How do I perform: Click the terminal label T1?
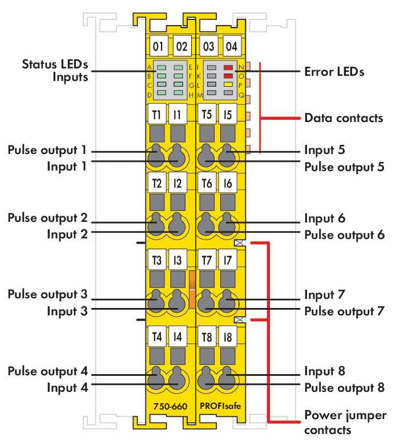point(156,114)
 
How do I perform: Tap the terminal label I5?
point(228,114)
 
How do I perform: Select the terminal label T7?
point(207,260)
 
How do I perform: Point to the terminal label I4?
point(177,336)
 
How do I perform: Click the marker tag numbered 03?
point(208,46)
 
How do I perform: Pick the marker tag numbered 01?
point(158,46)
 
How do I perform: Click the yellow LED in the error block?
point(228,84)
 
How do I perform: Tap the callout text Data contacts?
point(344,118)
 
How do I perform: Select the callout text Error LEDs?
point(334,72)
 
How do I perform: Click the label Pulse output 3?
point(48,294)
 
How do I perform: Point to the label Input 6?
point(325,218)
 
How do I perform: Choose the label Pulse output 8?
point(344,388)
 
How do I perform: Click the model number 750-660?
point(171,406)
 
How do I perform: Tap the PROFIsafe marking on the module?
point(220,406)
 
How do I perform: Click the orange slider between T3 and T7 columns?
point(192,289)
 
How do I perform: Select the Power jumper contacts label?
point(345,422)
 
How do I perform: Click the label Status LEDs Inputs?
point(55,71)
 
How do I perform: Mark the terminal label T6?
point(207,183)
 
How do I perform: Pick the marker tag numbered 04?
point(232,46)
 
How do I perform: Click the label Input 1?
point(67,167)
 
